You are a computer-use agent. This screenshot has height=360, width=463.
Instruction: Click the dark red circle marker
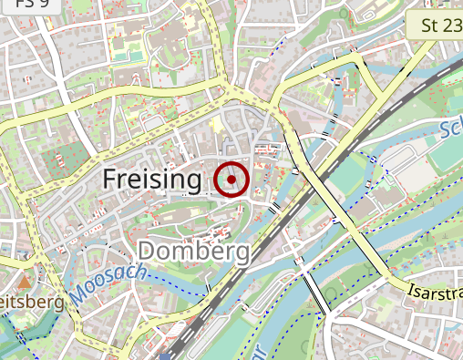[232, 179]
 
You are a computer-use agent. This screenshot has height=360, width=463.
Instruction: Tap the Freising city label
[151, 180]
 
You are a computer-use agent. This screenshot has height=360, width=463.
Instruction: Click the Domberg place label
[193, 251]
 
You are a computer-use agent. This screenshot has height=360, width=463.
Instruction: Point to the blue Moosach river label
[107, 283]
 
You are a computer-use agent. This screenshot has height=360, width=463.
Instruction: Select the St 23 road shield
[441, 26]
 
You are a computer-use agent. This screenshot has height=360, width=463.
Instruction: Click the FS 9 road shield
[18, 5]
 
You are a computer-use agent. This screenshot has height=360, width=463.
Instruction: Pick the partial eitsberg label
[32, 301]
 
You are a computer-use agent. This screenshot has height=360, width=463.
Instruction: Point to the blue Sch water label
[449, 130]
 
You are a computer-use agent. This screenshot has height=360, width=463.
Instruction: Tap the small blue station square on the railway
[165, 355]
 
